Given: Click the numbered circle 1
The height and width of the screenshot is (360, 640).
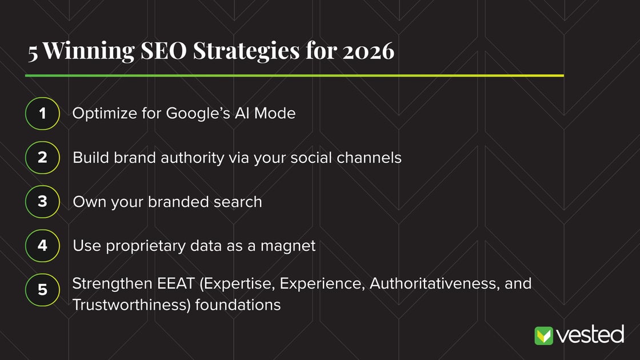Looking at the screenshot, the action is (42, 114).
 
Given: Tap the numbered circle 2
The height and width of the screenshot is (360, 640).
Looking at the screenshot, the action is (42, 158).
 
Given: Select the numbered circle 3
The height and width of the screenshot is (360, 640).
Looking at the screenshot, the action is (42, 202).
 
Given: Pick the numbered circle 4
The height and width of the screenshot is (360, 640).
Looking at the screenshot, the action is (42, 246).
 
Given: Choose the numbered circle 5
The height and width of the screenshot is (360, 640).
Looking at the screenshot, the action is (42, 290).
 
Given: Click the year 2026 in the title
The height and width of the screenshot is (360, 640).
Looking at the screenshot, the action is (368, 51).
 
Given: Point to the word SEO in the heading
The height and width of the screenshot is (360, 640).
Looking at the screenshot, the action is (163, 51).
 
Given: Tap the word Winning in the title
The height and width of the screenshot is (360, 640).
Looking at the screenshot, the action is (89, 51).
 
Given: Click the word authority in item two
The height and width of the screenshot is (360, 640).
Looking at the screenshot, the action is (192, 158).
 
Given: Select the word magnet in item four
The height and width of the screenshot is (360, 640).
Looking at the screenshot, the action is (288, 246).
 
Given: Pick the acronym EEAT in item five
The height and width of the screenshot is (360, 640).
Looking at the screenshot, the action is (176, 283).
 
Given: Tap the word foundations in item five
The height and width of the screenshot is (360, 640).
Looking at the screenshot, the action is (238, 305).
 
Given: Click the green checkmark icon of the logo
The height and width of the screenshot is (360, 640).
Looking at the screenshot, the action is (543, 335).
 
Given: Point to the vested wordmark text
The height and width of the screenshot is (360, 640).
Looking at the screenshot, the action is (590, 335).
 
